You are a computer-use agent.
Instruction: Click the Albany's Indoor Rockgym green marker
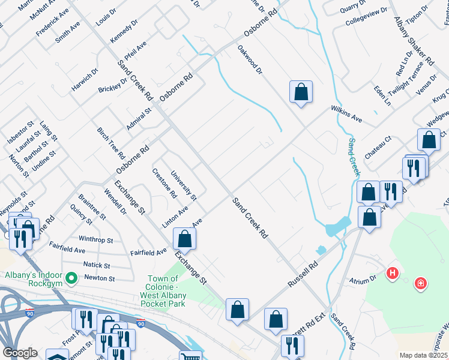click(71, 278)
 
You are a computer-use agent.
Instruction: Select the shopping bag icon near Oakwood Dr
click(301, 92)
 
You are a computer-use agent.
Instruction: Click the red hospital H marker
click(393, 274)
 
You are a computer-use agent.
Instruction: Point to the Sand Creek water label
click(354, 157)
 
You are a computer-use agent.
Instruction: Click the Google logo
click(20, 353)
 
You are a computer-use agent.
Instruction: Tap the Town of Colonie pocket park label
click(161, 291)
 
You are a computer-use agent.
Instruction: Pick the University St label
click(184, 185)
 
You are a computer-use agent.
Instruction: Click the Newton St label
click(99, 278)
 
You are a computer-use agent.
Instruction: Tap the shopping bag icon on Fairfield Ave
click(185, 239)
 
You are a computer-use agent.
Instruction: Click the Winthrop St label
click(95, 240)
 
